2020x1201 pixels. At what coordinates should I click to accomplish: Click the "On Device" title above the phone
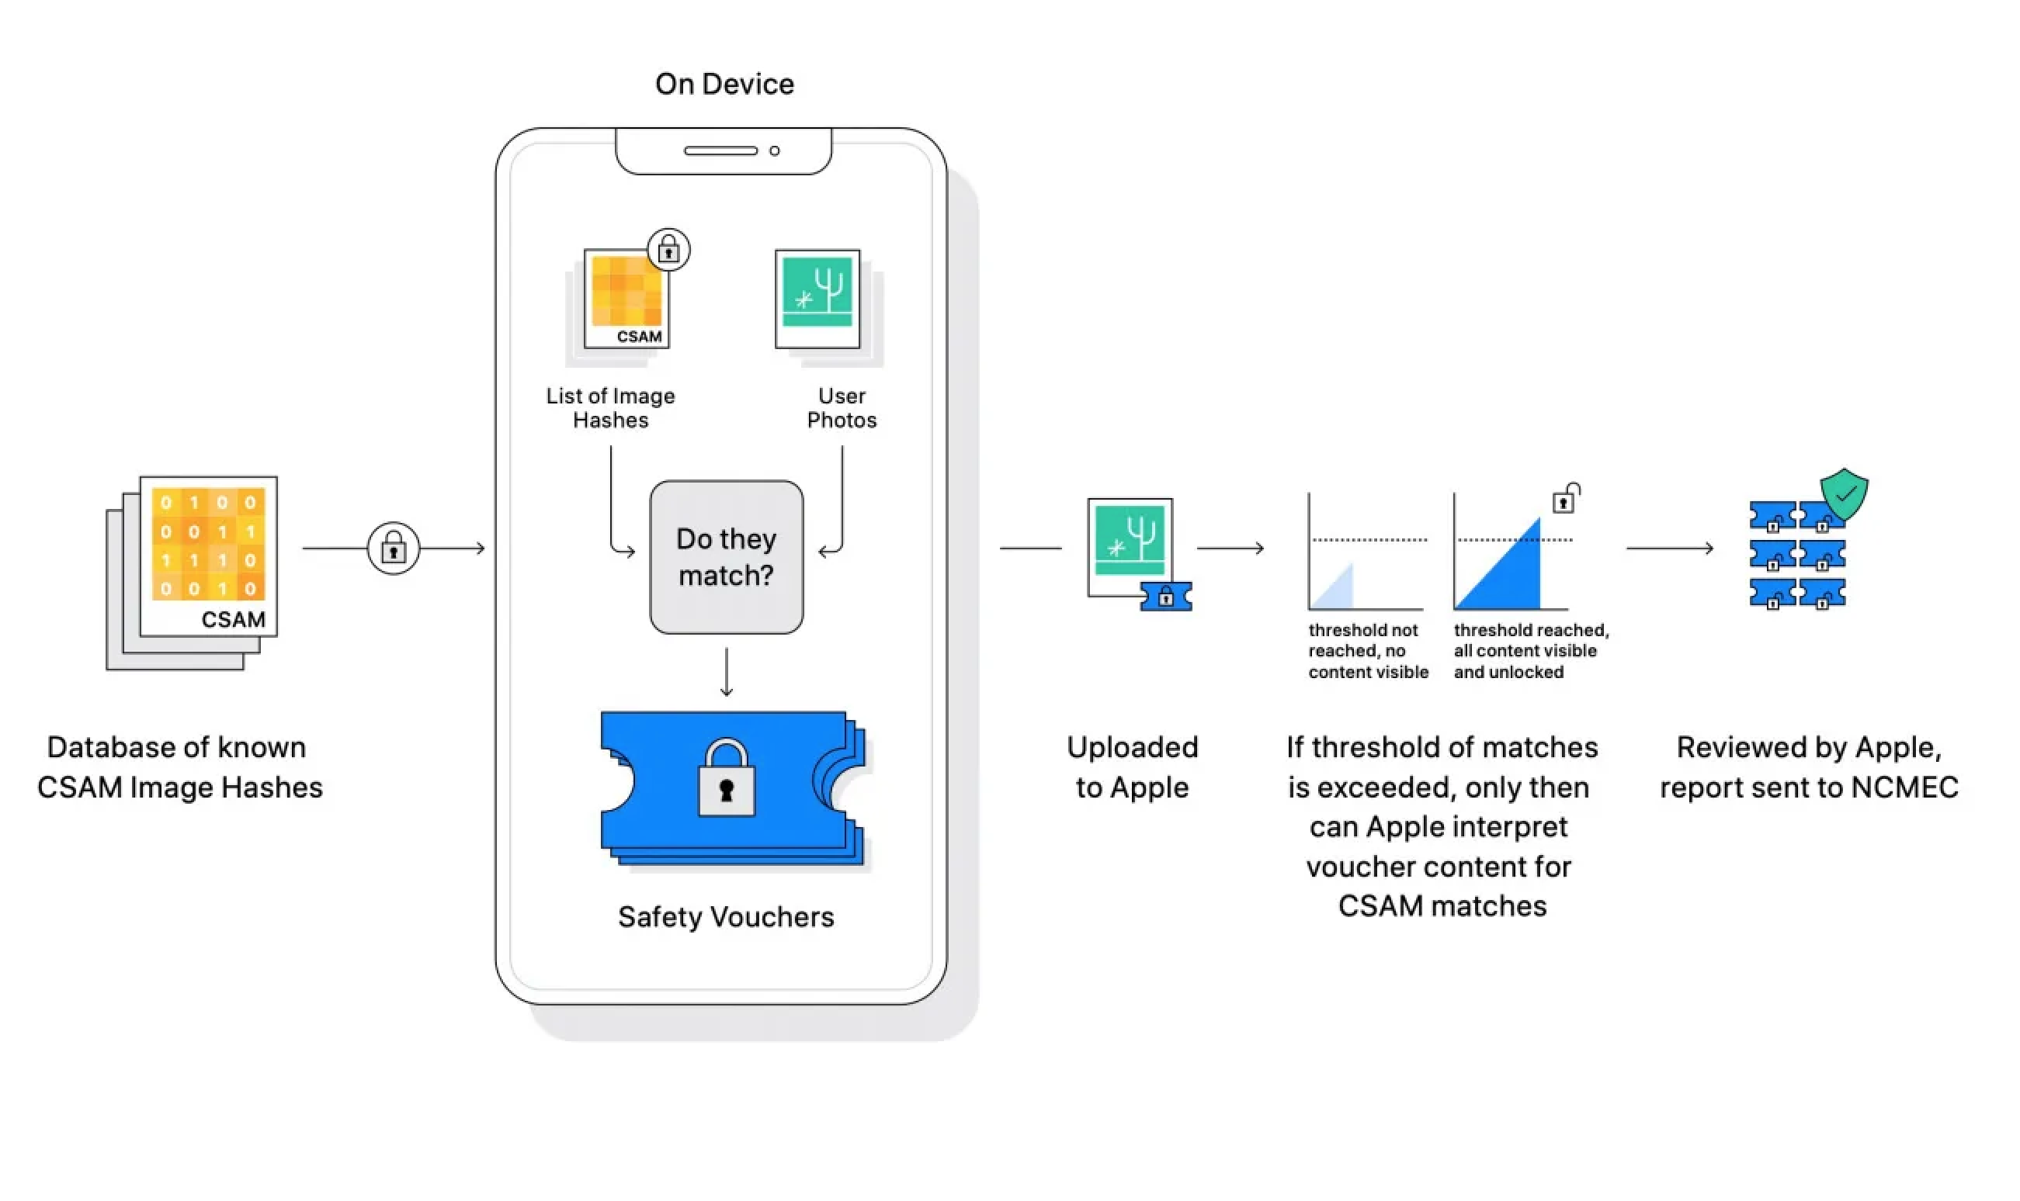[x=724, y=84]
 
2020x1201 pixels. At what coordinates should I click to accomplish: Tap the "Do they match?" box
[x=726, y=557]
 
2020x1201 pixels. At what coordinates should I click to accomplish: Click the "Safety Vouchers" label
[x=725, y=917]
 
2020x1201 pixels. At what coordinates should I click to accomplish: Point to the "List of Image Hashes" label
[x=610, y=408]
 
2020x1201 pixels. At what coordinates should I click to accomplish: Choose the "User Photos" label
[x=842, y=408]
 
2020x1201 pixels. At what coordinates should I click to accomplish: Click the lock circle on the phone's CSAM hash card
[x=668, y=250]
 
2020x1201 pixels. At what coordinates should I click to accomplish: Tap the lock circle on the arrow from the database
[x=394, y=549]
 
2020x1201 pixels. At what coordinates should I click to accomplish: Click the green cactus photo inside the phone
[x=817, y=293]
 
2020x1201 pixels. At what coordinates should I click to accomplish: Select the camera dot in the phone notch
[x=775, y=151]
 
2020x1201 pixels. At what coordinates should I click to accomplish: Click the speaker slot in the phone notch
[x=720, y=151]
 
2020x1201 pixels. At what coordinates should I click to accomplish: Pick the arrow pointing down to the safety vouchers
[x=726, y=672]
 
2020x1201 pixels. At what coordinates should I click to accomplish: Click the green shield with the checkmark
[x=1844, y=493]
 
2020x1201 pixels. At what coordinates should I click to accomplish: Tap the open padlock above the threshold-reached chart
[x=1565, y=500]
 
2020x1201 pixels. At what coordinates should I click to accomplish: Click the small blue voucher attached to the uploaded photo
[x=1166, y=597]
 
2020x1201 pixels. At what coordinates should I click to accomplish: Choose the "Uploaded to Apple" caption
[x=1132, y=767]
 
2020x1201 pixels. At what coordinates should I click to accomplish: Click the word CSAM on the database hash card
[x=233, y=620]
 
